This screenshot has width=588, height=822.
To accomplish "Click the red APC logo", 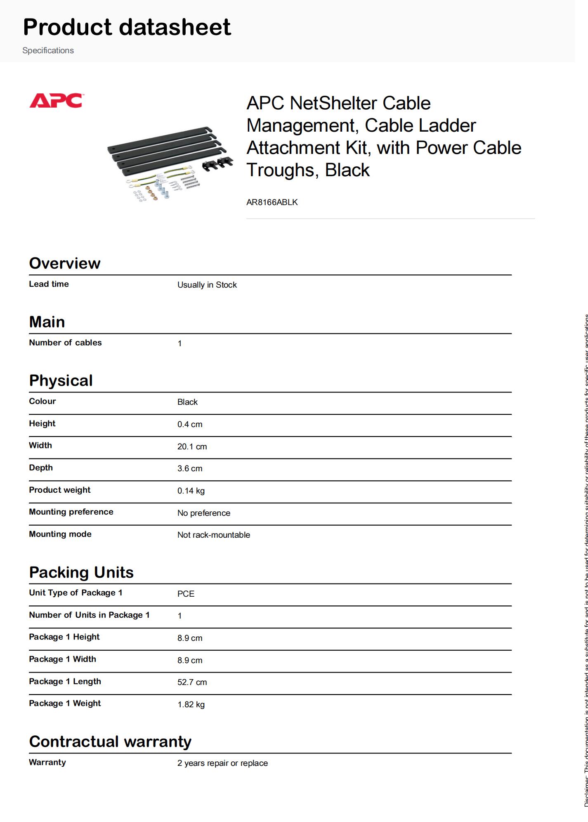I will tap(56, 101).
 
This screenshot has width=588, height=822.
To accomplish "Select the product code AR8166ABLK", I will tap(272, 202).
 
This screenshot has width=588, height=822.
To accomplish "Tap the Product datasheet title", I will tap(127, 27).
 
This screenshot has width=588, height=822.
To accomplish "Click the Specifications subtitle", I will tap(48, 50).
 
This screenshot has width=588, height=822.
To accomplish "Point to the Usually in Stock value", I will tap(207, 285).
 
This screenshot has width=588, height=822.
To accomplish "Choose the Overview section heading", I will tap(65, 263).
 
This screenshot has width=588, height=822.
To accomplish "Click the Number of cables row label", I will tap(65, 342).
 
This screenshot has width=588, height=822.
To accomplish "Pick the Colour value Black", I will tap(187, 402).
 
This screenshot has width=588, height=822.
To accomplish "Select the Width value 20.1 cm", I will tap(192, 446).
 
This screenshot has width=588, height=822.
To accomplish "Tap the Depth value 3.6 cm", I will tap(190, 468).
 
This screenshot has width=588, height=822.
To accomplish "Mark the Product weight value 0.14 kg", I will tap(191, 491).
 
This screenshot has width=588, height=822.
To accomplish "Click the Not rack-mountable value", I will tap(213, 535).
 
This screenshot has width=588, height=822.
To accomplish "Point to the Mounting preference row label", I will tap(71, 512).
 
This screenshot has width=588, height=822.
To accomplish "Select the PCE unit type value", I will tap(186, 594).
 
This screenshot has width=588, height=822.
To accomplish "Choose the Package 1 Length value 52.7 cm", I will tap(192, 682).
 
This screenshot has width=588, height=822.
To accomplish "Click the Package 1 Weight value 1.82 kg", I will tap(191, 704).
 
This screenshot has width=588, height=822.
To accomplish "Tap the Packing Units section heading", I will tap(81, 572).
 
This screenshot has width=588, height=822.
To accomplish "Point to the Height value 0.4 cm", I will tap(190, 424).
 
